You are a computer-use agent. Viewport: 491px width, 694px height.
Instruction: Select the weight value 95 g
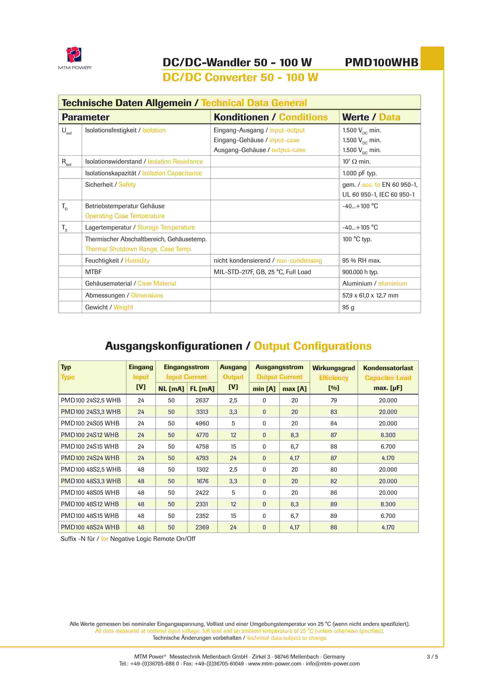pyautogui.click(x=348, y=307)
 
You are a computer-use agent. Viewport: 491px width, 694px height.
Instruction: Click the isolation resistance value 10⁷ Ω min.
pyautogui.click(x=356, y=161)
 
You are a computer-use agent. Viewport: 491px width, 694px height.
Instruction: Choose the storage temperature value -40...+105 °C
pyautogui.click(x=360, y=227)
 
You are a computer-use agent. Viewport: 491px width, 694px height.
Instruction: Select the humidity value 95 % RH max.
pyautogui.click(x=362, y=261)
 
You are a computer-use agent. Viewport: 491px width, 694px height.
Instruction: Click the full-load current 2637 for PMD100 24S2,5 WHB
pyautogui.click(x=202, y=400)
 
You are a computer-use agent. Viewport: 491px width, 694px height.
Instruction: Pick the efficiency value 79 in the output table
pyautogui.click(x=334, y=400)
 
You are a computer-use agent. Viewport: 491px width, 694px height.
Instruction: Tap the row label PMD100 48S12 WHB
pyautogui.click(x=90, y=504)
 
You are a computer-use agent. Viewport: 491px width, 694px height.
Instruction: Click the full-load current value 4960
pyautogui.click(x=202, y=423)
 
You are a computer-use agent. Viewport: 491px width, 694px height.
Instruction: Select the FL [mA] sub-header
pyautogui.click(x=202, y=389)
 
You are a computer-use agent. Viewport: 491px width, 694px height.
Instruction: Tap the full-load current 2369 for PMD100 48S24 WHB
pyautogui.click(x=202, y=527)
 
